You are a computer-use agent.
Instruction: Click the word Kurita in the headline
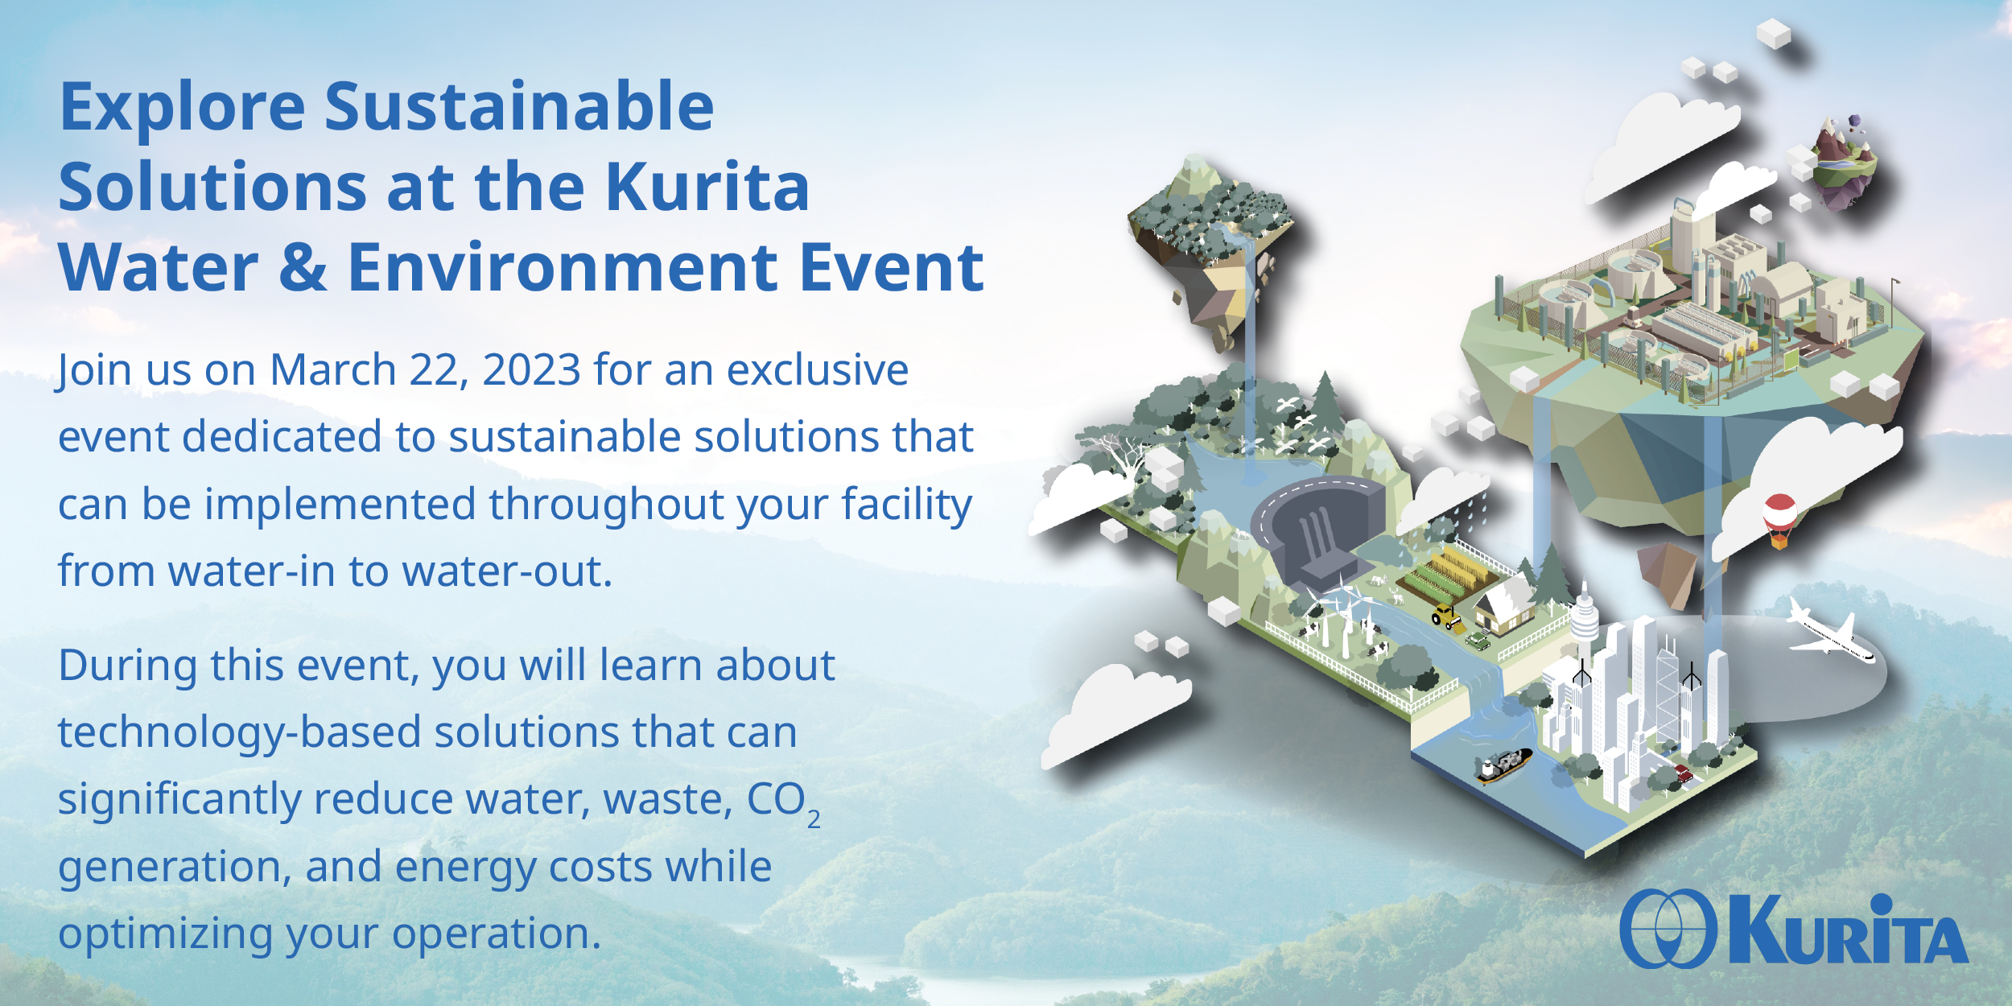tap(707, 187)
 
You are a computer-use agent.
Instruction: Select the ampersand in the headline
tap(303, 268)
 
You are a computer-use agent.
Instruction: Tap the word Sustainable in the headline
tap(519, 106)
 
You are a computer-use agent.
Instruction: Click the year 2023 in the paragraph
tap(531, 370)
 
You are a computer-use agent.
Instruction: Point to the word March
tap(332, 370)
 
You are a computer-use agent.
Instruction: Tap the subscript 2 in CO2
tap(814, 819)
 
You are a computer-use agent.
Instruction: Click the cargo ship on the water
tap(1503, 765)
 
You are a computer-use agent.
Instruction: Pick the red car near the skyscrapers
tap(1683, 773)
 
